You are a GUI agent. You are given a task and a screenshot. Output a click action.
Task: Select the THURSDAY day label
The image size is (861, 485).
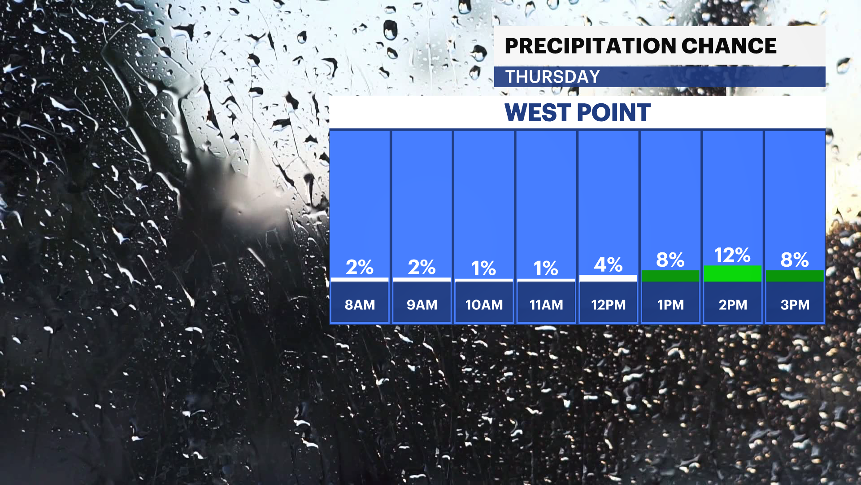point(552,77)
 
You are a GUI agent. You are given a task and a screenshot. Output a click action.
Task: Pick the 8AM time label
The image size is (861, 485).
point(360,305)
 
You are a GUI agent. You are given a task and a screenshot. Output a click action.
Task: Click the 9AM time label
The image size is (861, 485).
point(422,305)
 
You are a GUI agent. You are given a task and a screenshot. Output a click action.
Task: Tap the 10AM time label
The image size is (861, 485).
point(484,305)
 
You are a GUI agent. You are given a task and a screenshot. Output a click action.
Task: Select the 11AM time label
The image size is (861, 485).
point(546,305)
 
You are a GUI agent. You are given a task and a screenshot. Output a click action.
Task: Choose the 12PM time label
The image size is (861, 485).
point(608,305)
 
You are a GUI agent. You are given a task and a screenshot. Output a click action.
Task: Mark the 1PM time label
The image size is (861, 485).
point(670,305)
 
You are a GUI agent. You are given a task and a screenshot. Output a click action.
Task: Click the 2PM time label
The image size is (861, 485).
point(733,305)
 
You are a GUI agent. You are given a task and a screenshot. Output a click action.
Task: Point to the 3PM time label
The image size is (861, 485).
point(795,305)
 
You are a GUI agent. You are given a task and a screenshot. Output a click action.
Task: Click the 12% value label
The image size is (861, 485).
point(732,255)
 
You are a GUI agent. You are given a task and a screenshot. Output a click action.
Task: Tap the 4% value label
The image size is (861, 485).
point(608,265)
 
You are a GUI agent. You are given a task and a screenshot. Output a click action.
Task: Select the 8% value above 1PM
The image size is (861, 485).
point(670,260)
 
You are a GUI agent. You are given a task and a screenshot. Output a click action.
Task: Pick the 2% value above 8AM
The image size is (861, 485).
point(360,267)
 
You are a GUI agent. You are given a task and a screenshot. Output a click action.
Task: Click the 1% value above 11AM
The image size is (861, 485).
point(546,269)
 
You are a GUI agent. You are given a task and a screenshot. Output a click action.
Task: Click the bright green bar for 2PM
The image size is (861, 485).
point(733,274)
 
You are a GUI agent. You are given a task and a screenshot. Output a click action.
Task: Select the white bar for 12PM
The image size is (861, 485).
point(608,278)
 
